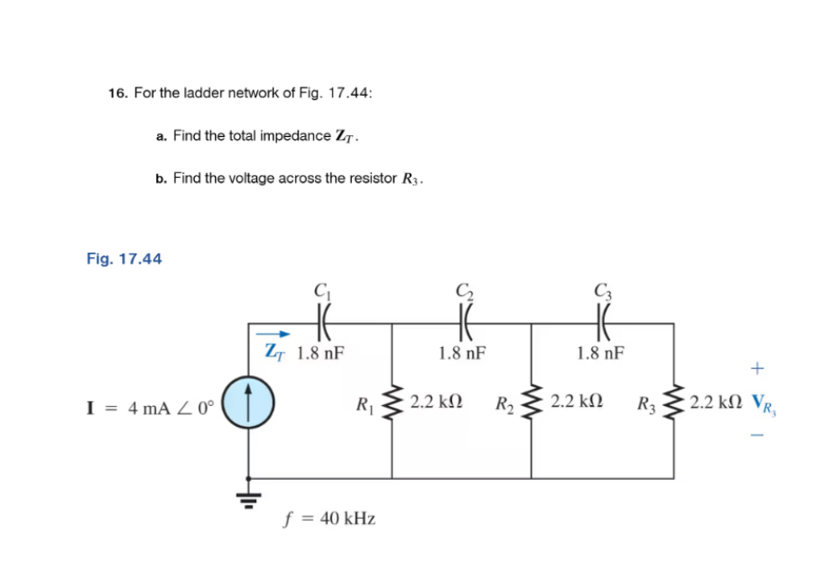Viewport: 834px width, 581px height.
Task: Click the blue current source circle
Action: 247,401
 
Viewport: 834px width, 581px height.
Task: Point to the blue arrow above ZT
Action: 277,334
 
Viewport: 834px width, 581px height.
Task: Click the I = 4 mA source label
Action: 150,407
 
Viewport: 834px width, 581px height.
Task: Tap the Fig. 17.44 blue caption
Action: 125,259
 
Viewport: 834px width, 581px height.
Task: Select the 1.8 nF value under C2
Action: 463,353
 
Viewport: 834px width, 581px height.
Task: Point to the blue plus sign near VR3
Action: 756,368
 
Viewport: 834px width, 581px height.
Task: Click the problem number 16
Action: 116,93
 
